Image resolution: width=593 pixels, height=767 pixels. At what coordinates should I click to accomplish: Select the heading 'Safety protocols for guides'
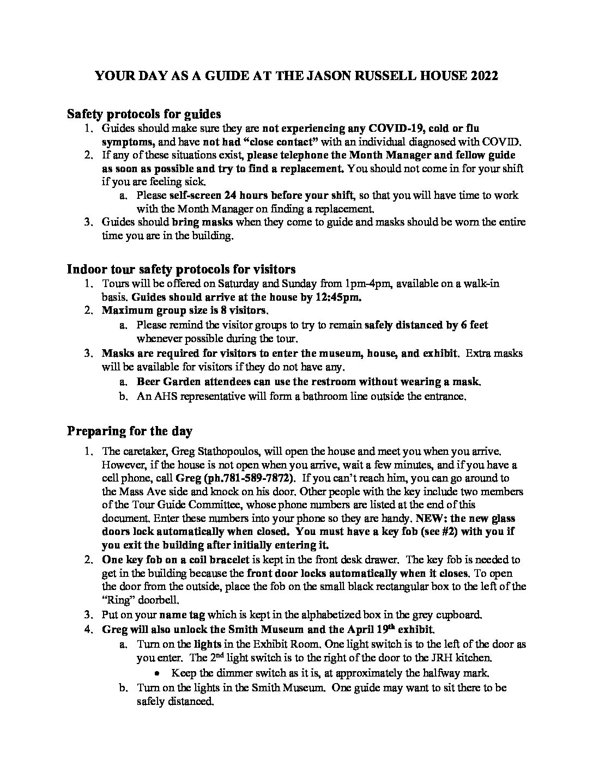[144, 114]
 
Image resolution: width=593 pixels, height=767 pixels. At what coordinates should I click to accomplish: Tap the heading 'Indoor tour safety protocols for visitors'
[181, 269]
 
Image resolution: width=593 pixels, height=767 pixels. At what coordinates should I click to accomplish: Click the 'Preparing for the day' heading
[130, 431]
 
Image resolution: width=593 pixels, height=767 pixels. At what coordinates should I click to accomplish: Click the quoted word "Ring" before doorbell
[117, 600]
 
